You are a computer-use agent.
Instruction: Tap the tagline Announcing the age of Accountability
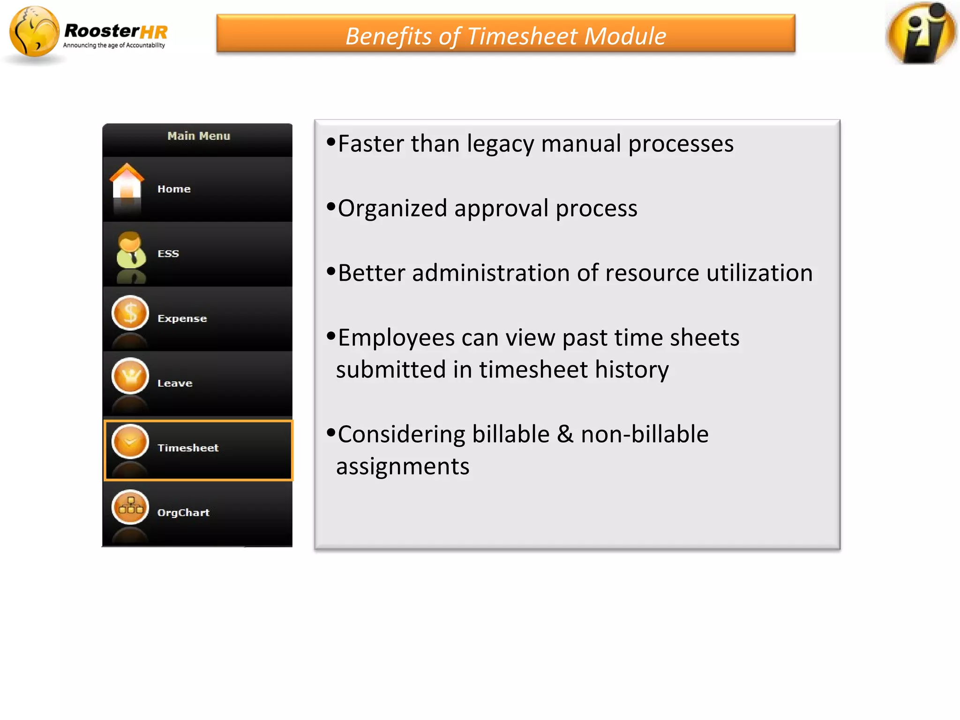114,45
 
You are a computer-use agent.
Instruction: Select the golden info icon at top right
921,33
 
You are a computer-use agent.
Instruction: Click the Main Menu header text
199,136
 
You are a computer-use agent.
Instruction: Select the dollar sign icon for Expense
130,313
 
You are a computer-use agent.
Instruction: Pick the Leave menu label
175,383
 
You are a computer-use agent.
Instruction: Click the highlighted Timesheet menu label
188,448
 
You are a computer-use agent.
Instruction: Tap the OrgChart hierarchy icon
130,507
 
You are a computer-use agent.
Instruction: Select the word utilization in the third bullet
759,273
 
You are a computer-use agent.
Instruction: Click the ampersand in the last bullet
565,434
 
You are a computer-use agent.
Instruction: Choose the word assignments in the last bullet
403,466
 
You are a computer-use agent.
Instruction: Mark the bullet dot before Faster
331,142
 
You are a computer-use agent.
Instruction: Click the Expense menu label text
182,318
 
